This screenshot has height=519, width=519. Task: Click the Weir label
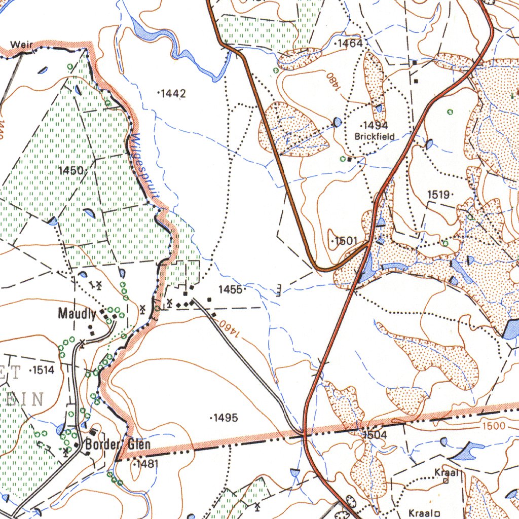(23, 45)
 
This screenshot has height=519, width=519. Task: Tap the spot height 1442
(173, 93)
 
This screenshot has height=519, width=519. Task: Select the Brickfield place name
(375, 136)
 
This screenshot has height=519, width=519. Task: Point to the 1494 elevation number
(375, 126)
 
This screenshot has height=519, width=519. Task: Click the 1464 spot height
(350, 44)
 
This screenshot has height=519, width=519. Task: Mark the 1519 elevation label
(439, 194)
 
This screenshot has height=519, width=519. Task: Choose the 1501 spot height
(346, 241)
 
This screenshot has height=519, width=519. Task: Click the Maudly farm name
(77, 314)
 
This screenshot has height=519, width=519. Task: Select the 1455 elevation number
(231, 289)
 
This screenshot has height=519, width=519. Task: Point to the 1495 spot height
(225, 418)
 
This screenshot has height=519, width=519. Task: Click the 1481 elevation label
(146, 464)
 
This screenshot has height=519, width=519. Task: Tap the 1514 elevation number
(43, 370)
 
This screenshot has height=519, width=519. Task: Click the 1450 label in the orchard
(71, 171)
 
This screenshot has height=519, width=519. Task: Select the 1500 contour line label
(493, 426)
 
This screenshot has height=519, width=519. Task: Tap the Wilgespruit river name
(146, 165)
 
